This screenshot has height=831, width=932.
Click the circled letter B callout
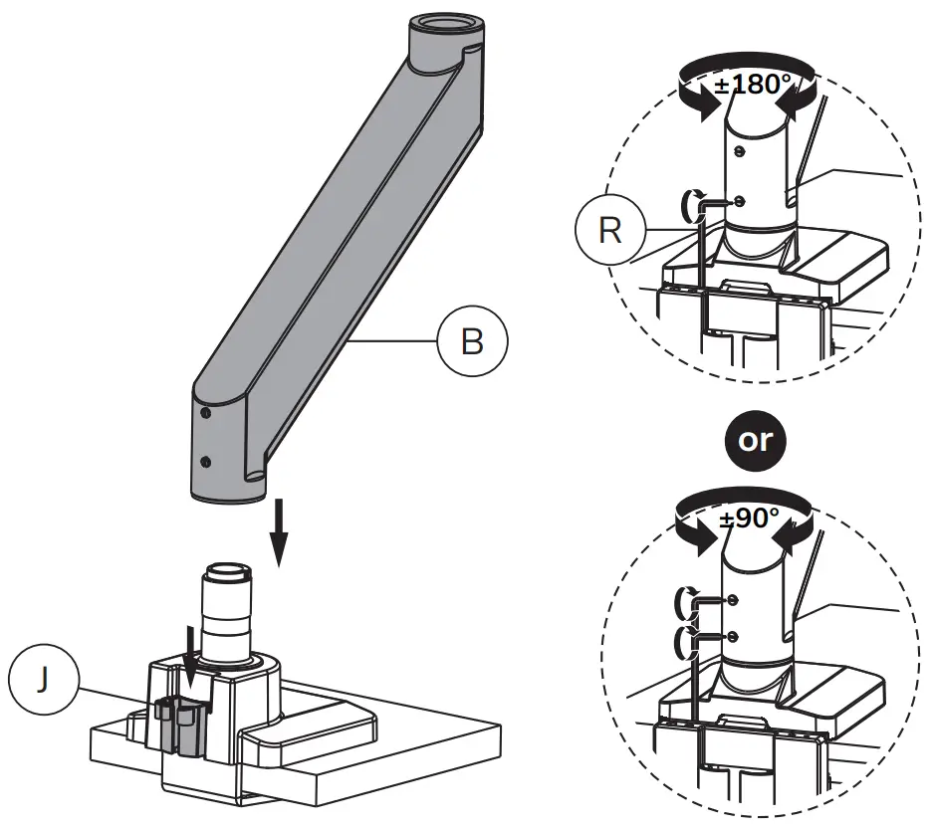point(472,341)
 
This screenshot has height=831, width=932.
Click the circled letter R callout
point(610,231)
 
